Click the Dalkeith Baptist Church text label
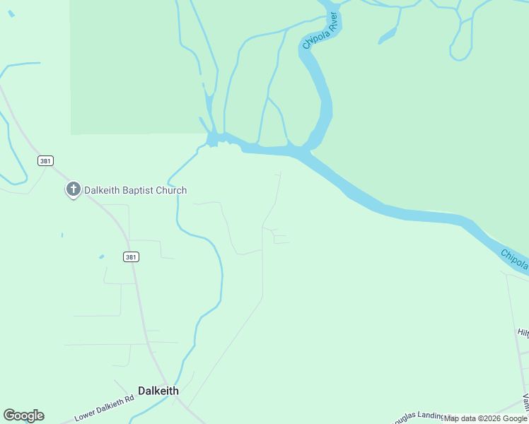(x=135, y=190)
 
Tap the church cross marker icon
(x=73, y=189)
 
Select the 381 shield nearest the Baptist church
(x=45, y=161)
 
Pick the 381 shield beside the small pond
(x=130, y=257)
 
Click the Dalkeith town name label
(x=158, y=391)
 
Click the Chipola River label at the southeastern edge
(x=515, y=259)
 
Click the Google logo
(x=23, y=416)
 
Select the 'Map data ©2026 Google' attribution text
(x=485, y=418)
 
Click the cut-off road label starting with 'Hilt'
(x=523, y=332)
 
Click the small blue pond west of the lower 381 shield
(x=102, y=257)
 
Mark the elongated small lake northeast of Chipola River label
(x=388, y=35)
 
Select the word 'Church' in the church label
(x=172, y=190)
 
